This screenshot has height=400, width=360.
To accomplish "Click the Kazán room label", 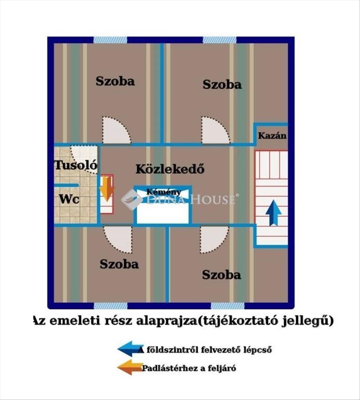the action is point(272,136).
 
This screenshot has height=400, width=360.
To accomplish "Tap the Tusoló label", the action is point(76,165).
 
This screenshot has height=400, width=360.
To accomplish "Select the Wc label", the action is point(69,199).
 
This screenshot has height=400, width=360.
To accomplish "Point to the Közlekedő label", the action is point(170,169).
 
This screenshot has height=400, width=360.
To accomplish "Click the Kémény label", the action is point(164,192).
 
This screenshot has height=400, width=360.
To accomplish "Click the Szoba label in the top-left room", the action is point(115,81).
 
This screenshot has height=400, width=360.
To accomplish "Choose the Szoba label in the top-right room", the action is point(222,84).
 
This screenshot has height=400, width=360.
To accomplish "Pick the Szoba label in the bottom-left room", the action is point(119,264).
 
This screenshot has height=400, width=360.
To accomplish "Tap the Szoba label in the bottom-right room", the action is point(222,275).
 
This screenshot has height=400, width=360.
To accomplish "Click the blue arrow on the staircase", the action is point(273,213).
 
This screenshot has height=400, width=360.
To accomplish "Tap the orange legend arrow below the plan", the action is point(130,367).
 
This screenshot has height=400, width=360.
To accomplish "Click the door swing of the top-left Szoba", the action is point(116,130).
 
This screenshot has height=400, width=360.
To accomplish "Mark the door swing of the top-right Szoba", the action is point(216,130).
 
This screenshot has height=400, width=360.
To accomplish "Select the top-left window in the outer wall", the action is point(110,40).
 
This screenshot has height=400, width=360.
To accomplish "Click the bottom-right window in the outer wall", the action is point(228,306).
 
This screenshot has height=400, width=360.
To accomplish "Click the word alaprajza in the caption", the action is point(166,321).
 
